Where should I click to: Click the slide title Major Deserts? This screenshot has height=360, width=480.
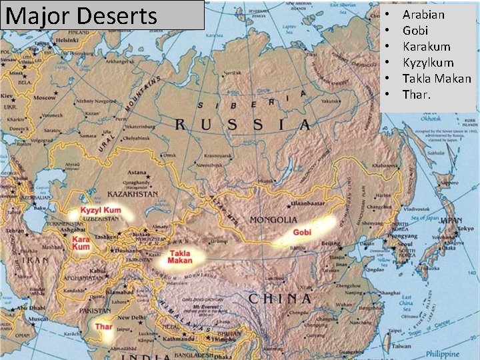(x=81, y=15)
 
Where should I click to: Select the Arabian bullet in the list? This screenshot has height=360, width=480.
(x=423, y=15)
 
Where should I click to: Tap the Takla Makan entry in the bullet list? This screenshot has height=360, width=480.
(x=437, y=79)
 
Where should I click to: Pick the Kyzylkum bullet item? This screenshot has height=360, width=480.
(x=428, y=63)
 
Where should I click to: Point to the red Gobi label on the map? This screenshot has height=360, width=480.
(x=302, y=233)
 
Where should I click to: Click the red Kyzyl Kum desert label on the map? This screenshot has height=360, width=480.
(x=101, y=211)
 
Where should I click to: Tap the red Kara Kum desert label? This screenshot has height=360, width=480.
(x=81, y=243)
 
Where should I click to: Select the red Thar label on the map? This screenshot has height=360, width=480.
(x=103, y=327)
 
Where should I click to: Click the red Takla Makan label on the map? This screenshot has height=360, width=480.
(x=180, y=257)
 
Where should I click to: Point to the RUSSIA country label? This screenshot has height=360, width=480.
(x=243, y=125)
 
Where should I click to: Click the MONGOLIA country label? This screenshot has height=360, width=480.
(x=273, y=219)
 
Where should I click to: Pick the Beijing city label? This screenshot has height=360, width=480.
(x=331, y=245)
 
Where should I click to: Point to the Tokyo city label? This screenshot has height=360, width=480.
(x=466, y=229)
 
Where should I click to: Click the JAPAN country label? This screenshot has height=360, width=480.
(x=452, y=219)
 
